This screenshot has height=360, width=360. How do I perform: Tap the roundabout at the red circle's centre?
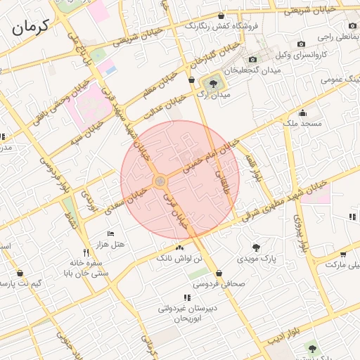[x=160, y=181]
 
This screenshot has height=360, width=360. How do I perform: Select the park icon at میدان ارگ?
[x=209, y=85]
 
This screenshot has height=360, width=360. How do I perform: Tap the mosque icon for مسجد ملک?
[x=302, y=113]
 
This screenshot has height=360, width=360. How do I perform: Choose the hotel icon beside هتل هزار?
[x=110, y=233]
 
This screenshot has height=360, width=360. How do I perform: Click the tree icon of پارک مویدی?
[x=255, y=247]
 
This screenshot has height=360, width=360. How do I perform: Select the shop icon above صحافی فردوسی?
[x=220, y=274]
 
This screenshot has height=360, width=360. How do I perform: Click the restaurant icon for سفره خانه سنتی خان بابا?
[x=86, y=252]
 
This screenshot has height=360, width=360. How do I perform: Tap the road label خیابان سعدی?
[x=120, y=199]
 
